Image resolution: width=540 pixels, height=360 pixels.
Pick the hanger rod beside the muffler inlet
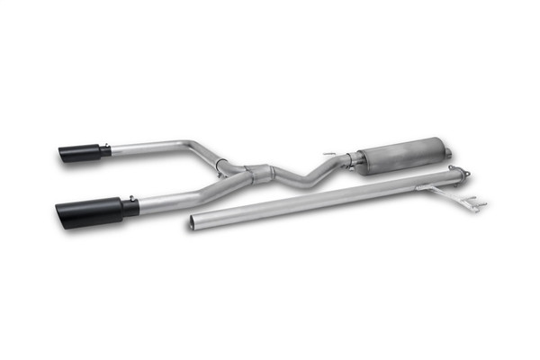(331, 155)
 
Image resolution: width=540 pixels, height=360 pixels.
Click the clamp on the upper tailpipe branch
(219, 163)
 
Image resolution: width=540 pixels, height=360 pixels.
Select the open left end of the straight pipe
(193, 221)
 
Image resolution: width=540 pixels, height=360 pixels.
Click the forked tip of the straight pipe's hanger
(477, 205)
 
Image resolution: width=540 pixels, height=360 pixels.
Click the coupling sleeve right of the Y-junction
(259, 174)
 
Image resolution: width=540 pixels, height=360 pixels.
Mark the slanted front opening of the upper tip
(63, 155)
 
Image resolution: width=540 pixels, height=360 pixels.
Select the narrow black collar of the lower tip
(131, 207)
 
